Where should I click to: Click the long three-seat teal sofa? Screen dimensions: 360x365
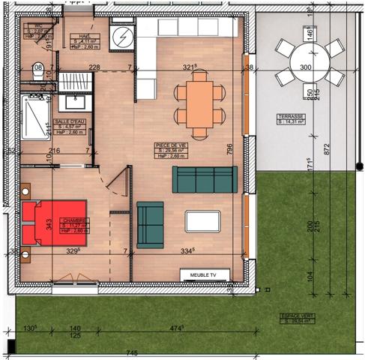tap(204, 180)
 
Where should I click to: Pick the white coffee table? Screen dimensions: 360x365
tap(202, 221)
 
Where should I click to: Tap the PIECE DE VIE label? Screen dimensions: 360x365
tap(170, 145)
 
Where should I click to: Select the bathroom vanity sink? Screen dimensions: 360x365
tap(73, 100)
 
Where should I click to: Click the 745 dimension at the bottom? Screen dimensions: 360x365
tap(132, 353)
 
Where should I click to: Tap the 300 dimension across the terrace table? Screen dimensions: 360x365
tap(305, 67)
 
